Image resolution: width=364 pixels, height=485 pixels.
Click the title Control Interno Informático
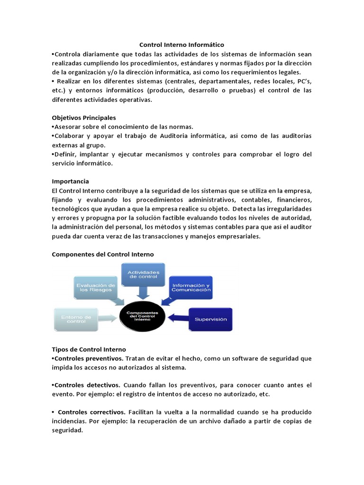click(182, 45)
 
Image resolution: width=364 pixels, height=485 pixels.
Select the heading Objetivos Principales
click(83, 117)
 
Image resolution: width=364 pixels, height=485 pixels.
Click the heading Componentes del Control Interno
click(102, 254)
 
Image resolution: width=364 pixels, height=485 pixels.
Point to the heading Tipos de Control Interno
click(89, 349)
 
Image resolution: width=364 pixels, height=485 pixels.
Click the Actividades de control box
click(144, 275)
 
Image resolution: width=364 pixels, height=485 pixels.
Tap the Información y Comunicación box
click(191, 287)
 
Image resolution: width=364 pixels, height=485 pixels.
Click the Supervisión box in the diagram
click(211, 319)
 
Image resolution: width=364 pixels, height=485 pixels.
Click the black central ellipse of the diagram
click(143, 316)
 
